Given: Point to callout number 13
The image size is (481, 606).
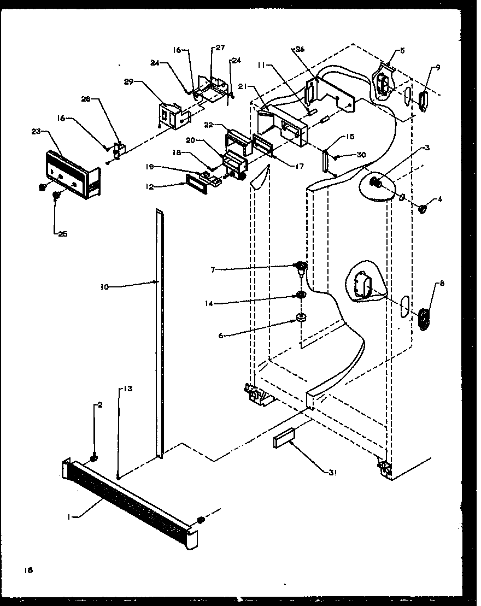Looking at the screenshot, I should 127,389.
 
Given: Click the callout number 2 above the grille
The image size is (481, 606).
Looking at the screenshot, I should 99,405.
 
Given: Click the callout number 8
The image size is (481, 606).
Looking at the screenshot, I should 442,283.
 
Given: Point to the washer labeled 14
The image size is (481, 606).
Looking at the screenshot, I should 301,296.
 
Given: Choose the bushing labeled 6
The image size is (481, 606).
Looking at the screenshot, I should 301,318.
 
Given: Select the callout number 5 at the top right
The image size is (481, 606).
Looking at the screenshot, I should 402,51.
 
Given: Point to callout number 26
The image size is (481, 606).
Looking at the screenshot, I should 300,49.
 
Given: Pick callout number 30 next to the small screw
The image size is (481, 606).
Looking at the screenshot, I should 361,155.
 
